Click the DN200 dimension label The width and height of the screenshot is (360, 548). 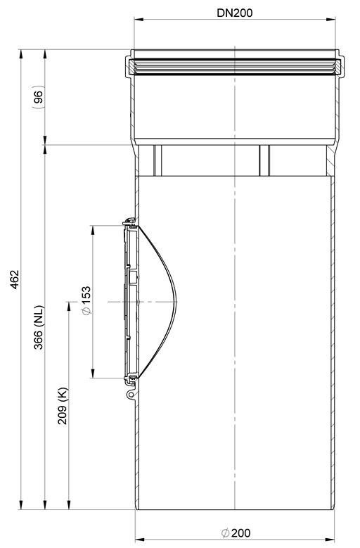[234, 13]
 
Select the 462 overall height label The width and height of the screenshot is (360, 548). [15, 279]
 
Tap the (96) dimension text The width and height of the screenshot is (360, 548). [38, 97]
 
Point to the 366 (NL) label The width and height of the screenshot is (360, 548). [39, 328]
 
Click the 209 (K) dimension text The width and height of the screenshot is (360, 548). [63, 406]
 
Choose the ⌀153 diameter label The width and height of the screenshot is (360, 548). [86, 300]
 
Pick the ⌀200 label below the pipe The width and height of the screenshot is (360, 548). [236, 533]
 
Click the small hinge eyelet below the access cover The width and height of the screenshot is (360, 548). [131, 395]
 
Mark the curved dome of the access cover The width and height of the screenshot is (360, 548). [167, 302]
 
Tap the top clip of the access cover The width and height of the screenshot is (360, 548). [129, 221]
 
